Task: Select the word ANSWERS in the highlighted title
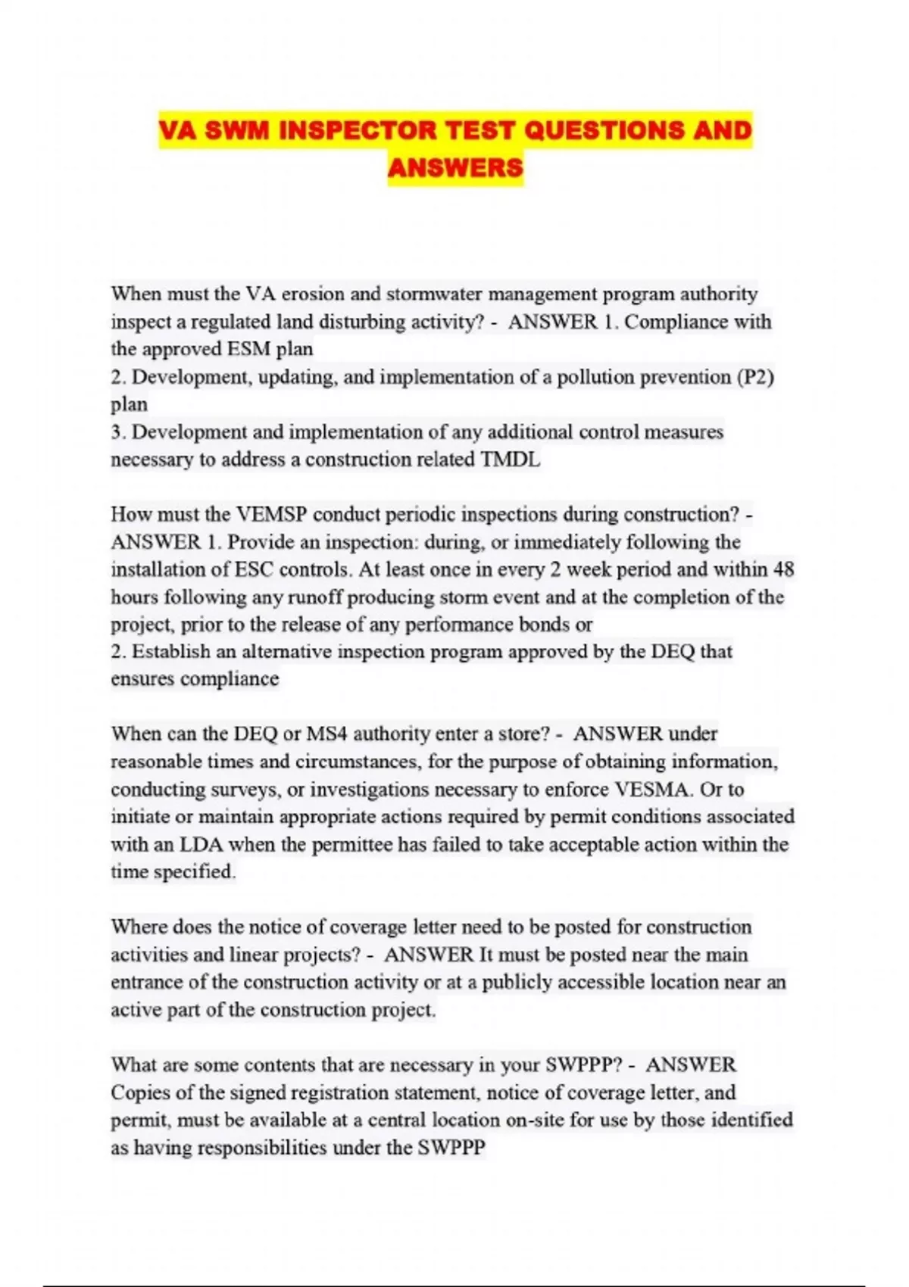click(455, 167)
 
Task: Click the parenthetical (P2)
click(755, 377)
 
